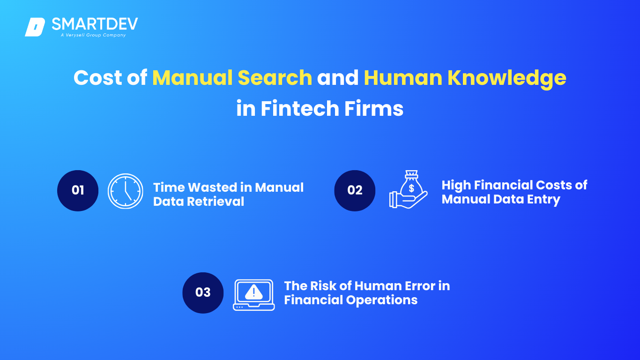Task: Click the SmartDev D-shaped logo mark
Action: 35,27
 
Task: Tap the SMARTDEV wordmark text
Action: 95,24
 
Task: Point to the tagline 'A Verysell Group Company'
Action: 93,35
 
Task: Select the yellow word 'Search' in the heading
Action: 275,77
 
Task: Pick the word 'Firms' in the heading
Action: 374,108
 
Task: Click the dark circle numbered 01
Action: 78,191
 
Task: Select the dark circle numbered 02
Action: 355,191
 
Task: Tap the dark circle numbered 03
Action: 203,293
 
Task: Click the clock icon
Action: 126,191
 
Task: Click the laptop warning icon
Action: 254,295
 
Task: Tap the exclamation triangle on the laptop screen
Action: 254,292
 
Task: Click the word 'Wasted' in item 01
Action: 212,187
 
